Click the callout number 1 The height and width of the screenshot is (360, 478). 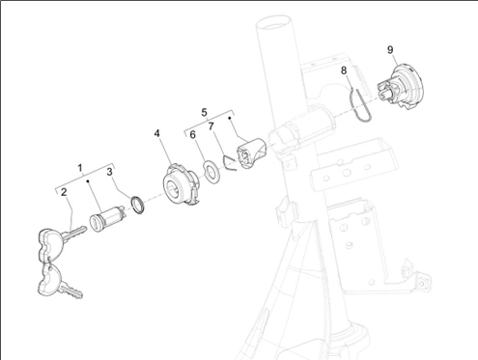click(x=80, y=168)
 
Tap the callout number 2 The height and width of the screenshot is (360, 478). click(x=64, y=192)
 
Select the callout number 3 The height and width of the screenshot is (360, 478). click(x=110, y=172)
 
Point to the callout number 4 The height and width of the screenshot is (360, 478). click(x=156, y=133)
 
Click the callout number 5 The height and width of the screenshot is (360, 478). click(x=204, y=113)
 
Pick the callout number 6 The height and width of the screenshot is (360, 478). click(x=192, y=135)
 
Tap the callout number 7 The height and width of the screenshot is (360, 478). click(x=211, y=126)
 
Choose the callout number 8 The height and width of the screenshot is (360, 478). click(x=344, y=70)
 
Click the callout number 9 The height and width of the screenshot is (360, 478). click(x=390, y=50)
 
